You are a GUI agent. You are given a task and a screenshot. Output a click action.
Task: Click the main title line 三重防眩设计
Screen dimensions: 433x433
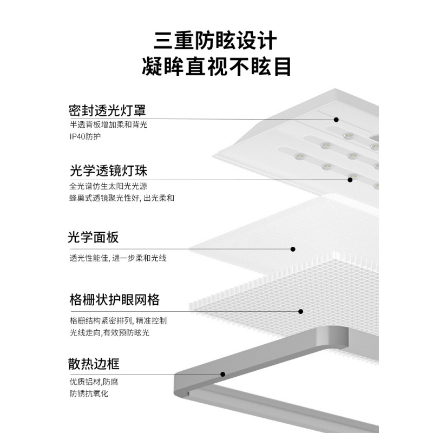click(216, 41)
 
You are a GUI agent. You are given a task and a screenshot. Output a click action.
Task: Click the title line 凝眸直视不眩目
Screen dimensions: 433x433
click(216, 68)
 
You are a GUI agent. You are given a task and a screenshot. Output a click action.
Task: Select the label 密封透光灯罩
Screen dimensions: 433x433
click(108, 110)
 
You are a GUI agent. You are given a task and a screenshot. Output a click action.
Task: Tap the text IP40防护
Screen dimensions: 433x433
click(85, 136)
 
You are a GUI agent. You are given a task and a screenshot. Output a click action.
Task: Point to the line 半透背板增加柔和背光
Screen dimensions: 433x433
click(108, 124)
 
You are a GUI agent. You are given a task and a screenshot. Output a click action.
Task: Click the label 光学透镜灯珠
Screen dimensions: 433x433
click(108, 171)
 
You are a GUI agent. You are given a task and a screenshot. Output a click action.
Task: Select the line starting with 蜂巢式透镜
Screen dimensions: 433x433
click(122, 198)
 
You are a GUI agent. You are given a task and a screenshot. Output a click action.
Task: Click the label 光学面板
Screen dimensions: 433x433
click(93, 238)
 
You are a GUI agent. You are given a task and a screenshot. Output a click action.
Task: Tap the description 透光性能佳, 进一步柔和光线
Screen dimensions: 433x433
click(117, 258)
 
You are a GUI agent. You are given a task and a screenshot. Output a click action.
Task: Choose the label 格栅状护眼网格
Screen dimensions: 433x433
click(114, 300)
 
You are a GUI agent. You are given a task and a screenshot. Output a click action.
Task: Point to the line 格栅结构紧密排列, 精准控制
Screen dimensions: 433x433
click(118, 320)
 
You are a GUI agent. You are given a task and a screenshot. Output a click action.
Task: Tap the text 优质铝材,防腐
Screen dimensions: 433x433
click(94, 382)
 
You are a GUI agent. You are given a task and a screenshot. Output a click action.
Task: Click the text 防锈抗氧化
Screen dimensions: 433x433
click(89, 394)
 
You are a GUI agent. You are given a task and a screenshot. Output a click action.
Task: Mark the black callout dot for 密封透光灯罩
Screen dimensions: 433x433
click(336, 120)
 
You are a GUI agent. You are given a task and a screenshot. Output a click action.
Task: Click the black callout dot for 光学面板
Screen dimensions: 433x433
click(293, 250)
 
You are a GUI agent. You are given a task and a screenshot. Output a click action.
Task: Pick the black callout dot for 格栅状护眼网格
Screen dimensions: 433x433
click(300, 311)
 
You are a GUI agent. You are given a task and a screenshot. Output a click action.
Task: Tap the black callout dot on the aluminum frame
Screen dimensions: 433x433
click(222, 374)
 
